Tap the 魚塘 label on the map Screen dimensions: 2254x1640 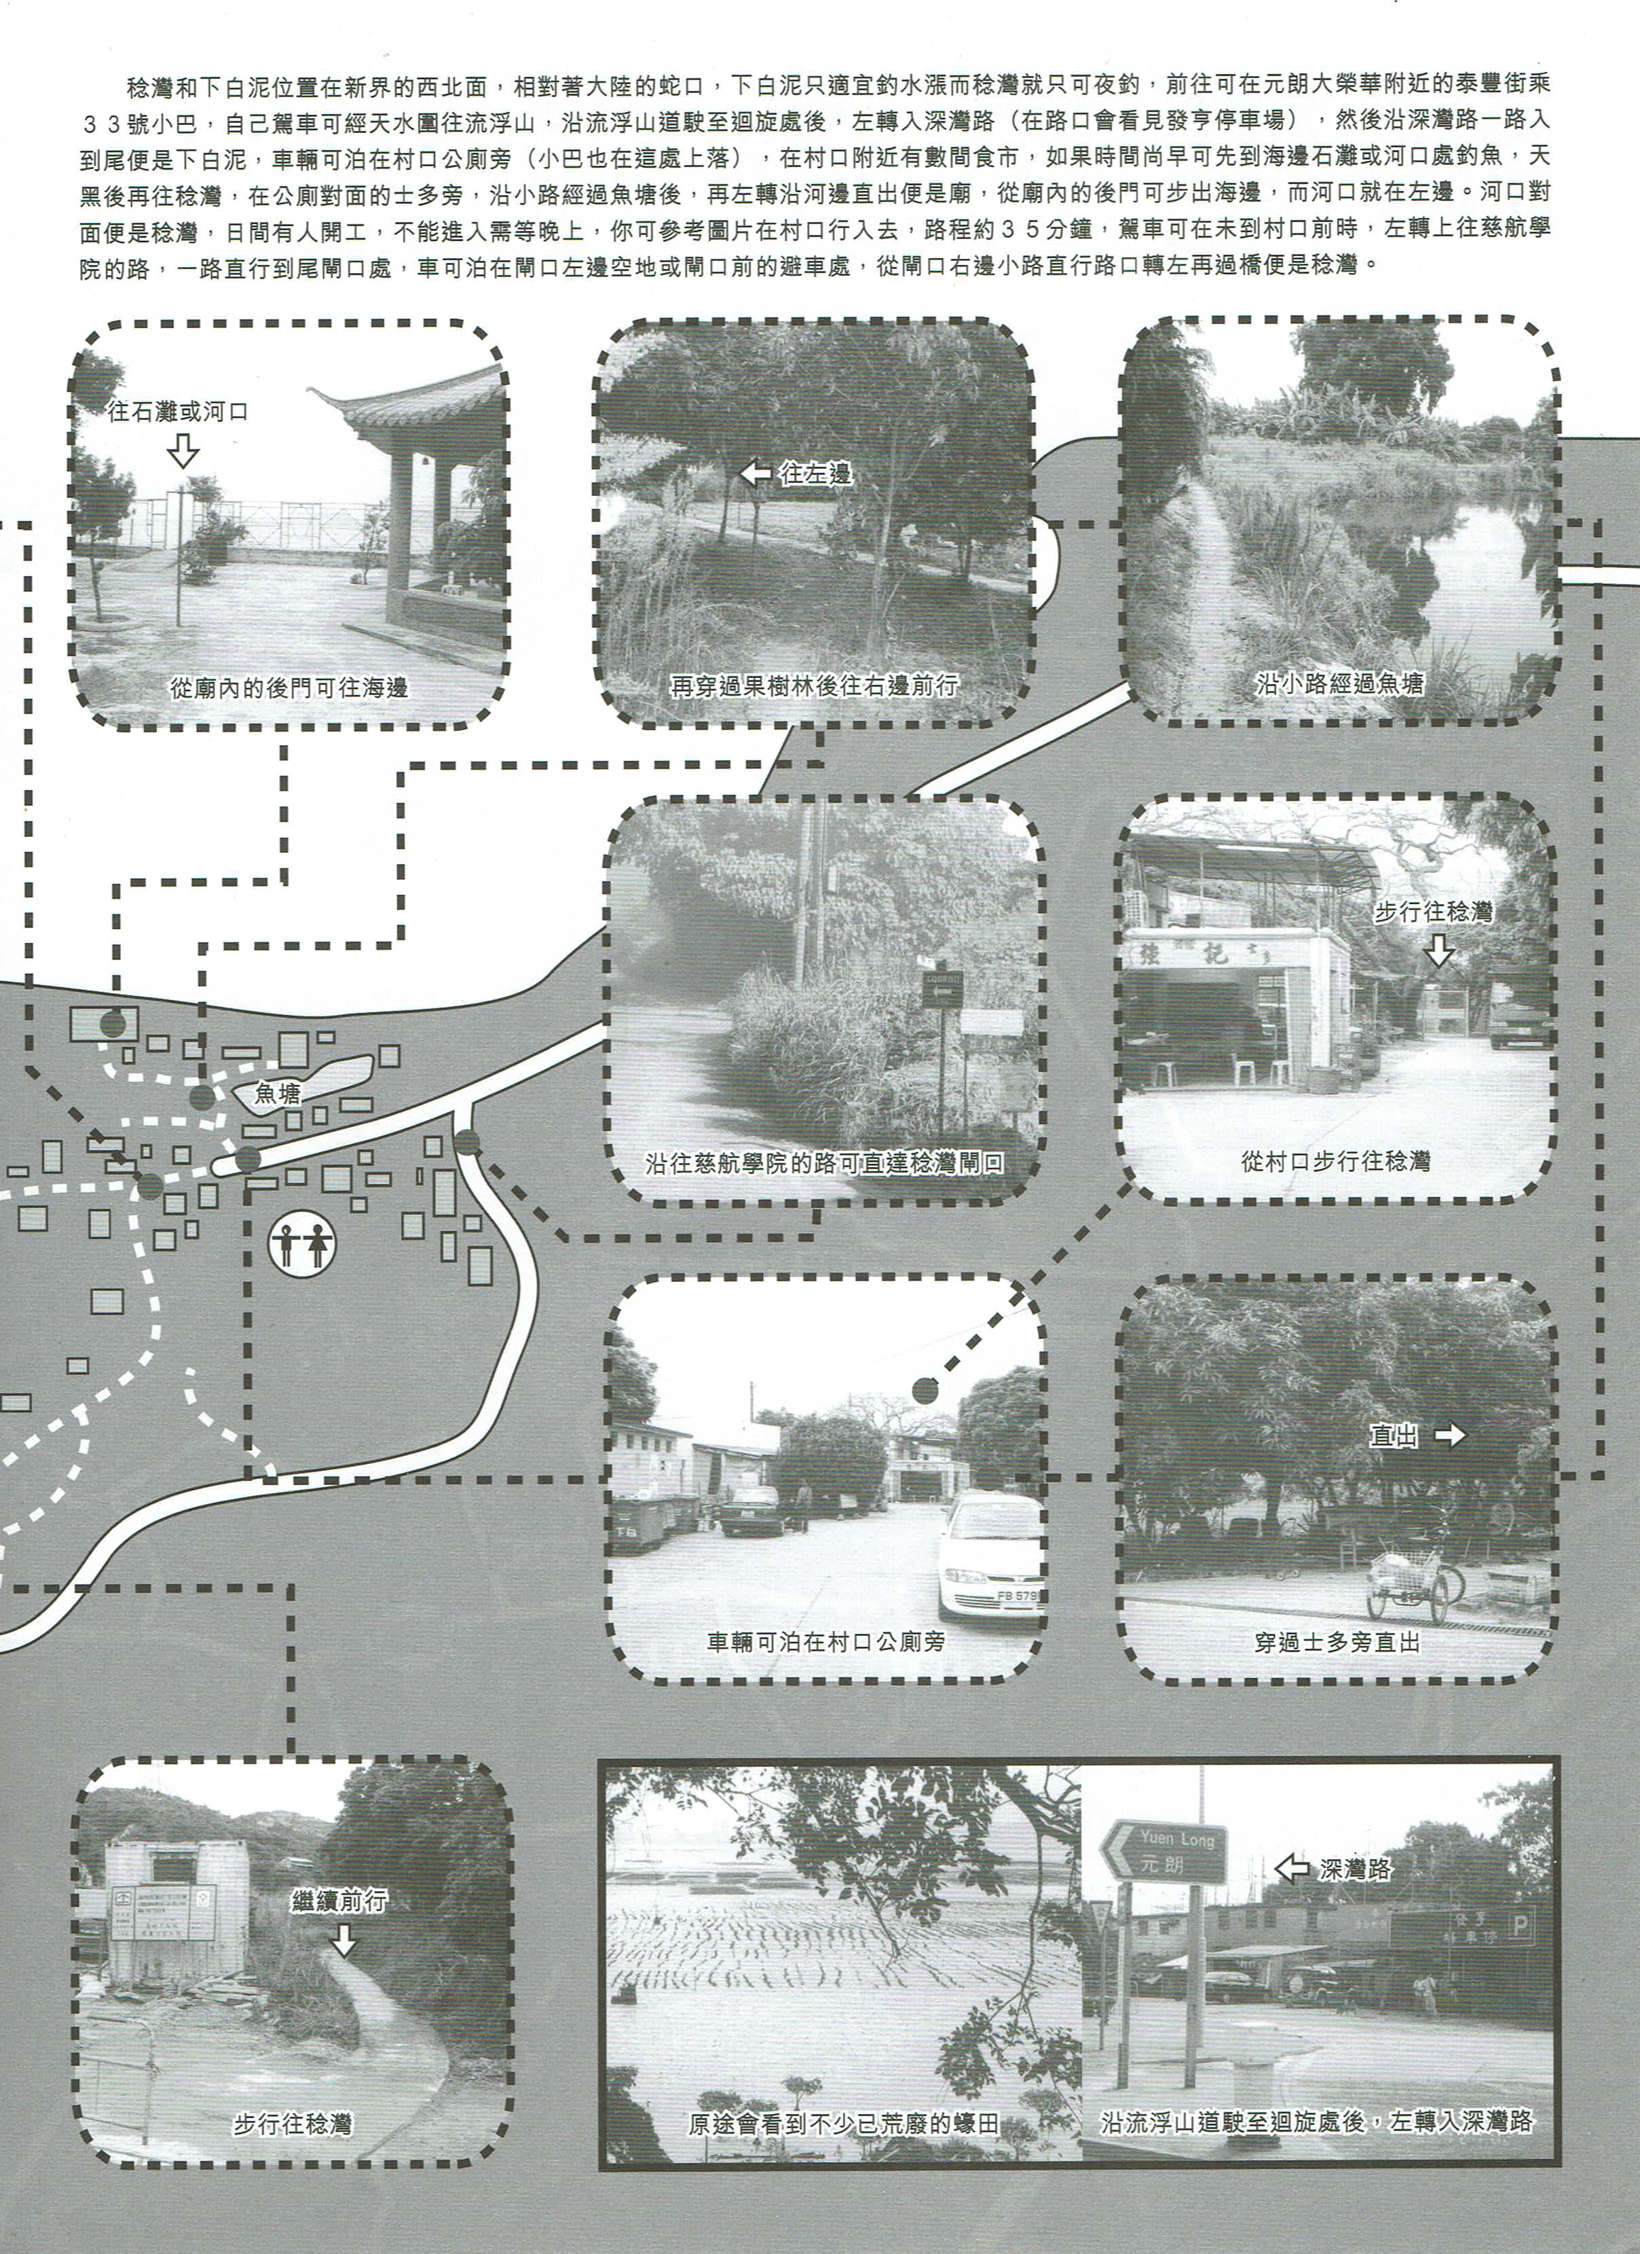click(x=278, y=1093)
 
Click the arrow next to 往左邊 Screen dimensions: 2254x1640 click(x=757, y=474)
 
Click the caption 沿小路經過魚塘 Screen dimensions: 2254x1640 click(x=1339, y=684)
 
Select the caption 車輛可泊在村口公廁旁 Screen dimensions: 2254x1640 click(x=825, y=1643)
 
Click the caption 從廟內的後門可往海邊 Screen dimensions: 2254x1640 click(x=289, y=687)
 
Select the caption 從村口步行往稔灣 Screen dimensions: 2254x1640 click(x=1335, y=1161)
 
